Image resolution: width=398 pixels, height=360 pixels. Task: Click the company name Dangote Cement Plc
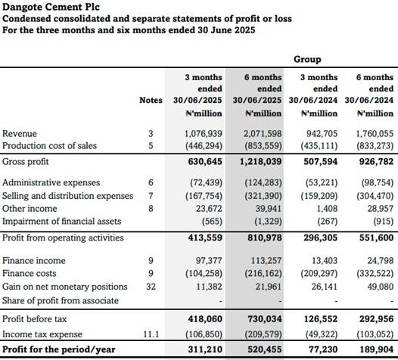tap(51, 7)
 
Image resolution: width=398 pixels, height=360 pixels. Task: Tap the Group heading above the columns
tap(307, 59)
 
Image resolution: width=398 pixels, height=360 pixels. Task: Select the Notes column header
tap(151, 101)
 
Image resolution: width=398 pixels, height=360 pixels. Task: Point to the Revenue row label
tap(20, 134)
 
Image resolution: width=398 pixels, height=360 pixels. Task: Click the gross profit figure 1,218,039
tap(261, 162)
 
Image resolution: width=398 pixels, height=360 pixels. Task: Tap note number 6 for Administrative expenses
tap(151, 182)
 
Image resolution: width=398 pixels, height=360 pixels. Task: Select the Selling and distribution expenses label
tap(68, 196)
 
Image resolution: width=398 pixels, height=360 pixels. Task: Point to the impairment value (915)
tap(384, 222)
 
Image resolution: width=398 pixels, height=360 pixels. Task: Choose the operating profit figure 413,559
tap(205, 237)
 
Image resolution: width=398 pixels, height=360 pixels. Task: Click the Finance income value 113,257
tap(266, 261)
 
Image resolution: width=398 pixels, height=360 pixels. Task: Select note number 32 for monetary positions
tap(151, 287)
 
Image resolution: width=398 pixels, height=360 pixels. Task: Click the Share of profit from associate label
tap(61, 301)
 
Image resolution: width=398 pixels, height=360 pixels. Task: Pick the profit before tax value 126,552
tap(321, 319)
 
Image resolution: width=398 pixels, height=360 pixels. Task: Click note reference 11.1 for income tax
tap(151, 334)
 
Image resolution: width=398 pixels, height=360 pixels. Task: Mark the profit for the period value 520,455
tap(265, 349)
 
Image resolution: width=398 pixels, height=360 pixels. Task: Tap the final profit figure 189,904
tap(377, 349)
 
